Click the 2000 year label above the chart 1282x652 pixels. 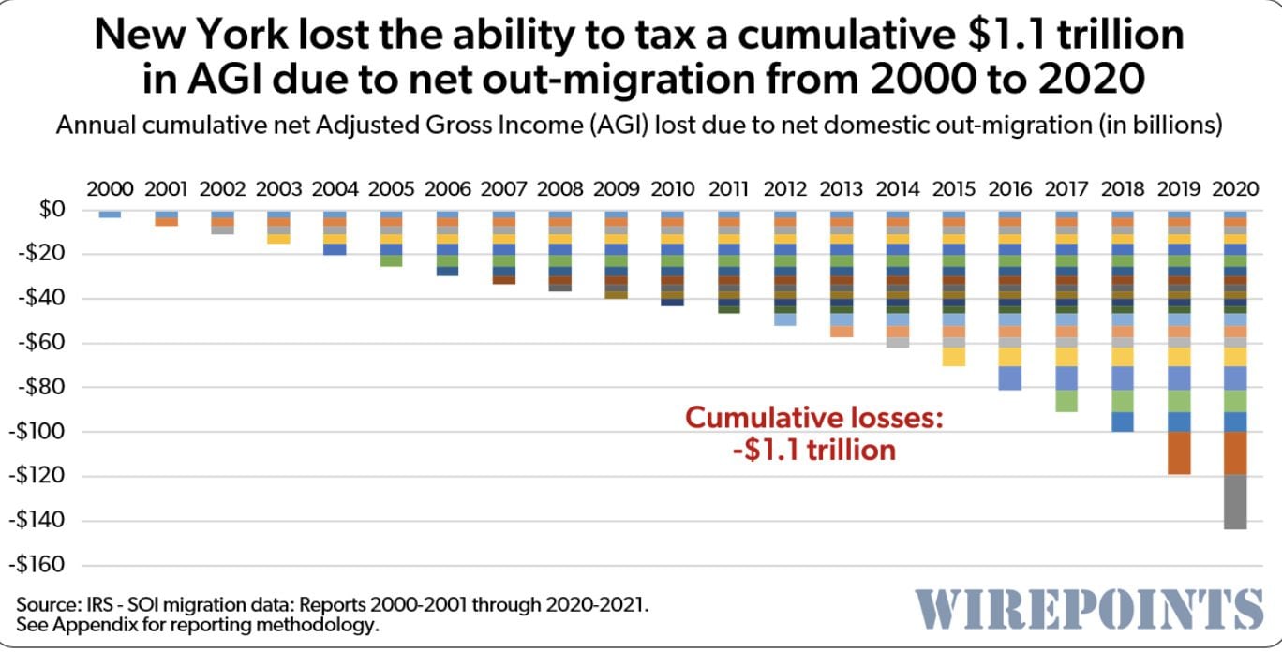point(110,188)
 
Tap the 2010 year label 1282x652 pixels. point(673,188)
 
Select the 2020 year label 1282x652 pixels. point(1235,188)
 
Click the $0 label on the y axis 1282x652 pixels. point(52,210)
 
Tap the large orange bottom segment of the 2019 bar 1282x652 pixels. point(1179,452)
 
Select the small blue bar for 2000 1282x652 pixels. point(110,215)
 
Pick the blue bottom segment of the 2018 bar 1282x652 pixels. point(1123,422)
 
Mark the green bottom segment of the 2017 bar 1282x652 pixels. point(1066,401)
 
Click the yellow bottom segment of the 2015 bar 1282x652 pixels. point(954,357)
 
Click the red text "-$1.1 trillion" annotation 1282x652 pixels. point(813,450)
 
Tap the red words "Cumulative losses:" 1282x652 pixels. point(813,417)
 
